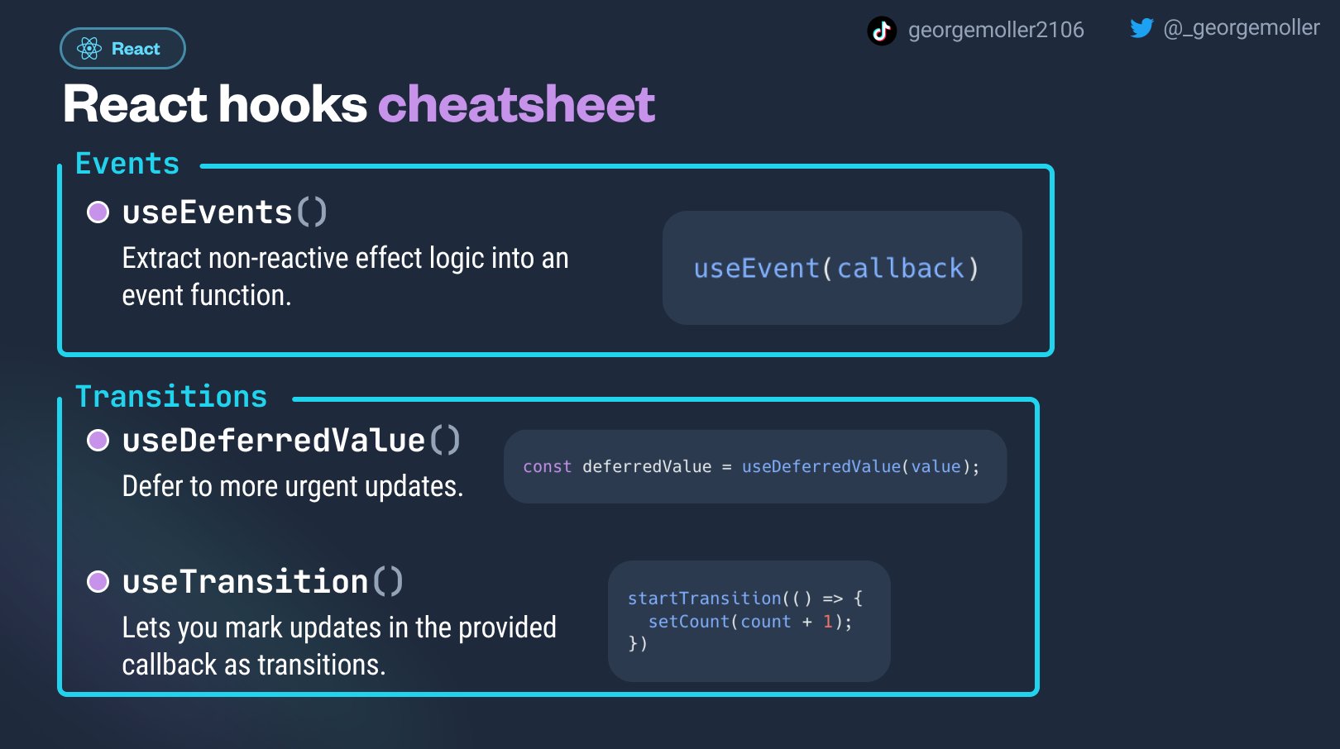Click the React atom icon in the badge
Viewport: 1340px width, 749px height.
coord(89,49)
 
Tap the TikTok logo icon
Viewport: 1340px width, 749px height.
coord(882,31)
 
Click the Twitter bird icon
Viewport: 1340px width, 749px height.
coord(1142,28)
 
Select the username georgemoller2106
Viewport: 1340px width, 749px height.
coord(996,30)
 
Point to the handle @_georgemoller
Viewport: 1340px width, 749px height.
coord(1242,28)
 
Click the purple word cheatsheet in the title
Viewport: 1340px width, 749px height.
coord(517,104)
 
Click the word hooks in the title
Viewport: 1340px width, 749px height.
coord(293,104)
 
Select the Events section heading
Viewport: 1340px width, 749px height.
coord(127,163)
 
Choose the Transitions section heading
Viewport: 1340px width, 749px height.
coord(171,396)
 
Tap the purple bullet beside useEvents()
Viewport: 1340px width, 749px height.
coord(98,212)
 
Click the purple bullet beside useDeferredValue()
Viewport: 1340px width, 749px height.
coord(98,441)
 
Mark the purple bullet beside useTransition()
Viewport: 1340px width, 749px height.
coord(98,582)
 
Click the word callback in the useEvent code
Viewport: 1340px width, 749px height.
coord(901,269)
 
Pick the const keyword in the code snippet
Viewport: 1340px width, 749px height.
coord(548,466)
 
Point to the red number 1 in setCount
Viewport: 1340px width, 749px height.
coord(828,622)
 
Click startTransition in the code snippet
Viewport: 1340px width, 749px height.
coord(705,599)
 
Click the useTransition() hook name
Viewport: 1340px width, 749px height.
coord(262,582)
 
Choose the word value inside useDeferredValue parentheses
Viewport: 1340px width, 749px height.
coord(936,466)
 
